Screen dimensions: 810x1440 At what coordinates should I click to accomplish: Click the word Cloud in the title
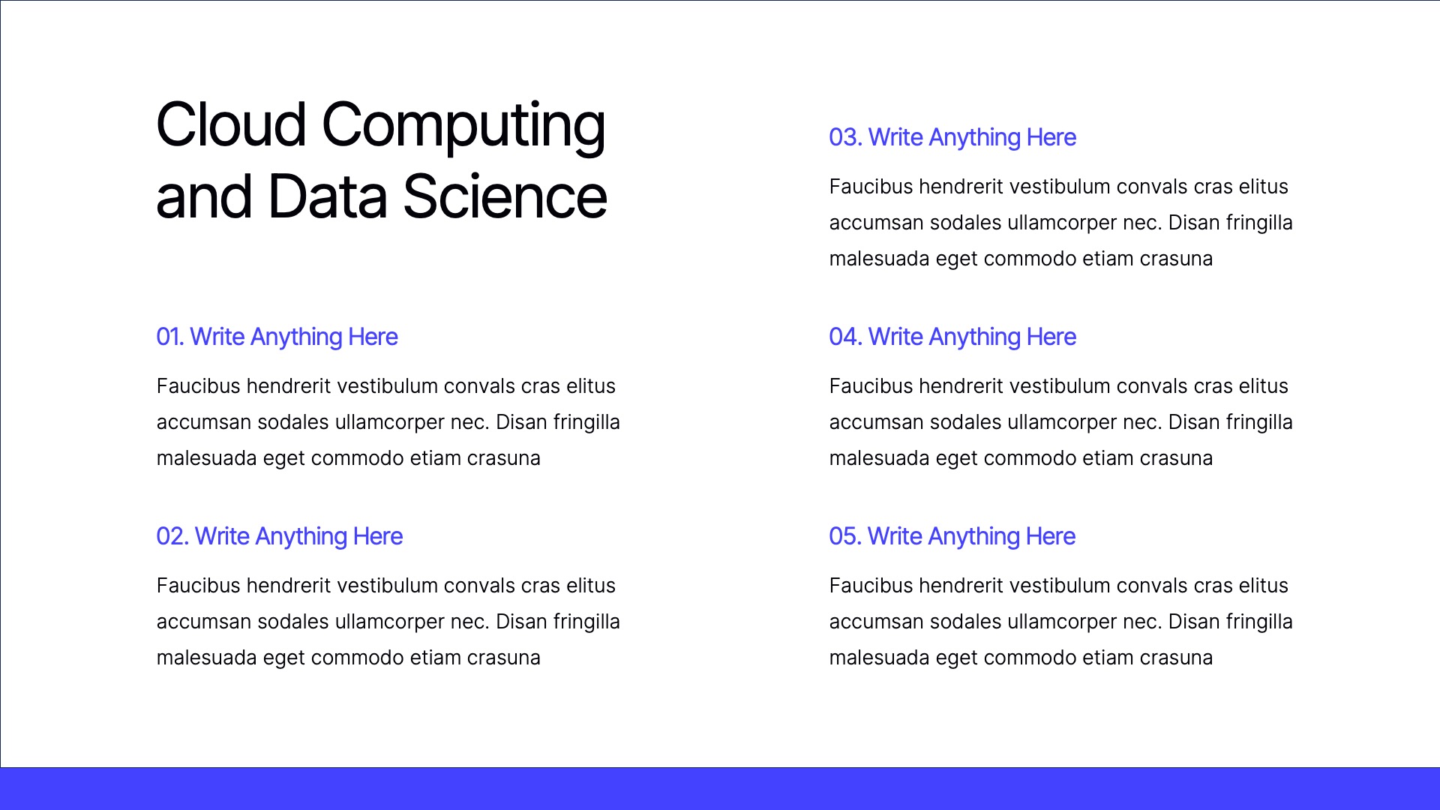coord(231,124)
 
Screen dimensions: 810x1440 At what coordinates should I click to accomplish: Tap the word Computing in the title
coord(463,126)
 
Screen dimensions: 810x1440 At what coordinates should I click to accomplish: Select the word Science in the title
coord(505,196)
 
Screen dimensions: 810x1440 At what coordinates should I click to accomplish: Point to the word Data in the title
coord(327,196)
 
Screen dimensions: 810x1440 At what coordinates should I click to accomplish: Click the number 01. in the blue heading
coord(169,337)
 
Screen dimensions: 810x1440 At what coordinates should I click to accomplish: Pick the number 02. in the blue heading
coord(172,536)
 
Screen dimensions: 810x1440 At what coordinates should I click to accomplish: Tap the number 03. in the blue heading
coord(844,137)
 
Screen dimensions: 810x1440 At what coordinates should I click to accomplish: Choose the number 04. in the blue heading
coord(844,337)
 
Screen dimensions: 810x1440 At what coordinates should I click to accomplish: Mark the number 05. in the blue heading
coord(844,536)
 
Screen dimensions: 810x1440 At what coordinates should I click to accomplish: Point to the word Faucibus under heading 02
coord(197,586)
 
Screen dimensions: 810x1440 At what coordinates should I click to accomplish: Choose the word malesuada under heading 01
coord(206,458)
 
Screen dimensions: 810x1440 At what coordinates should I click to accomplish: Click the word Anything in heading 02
coord(301,537)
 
